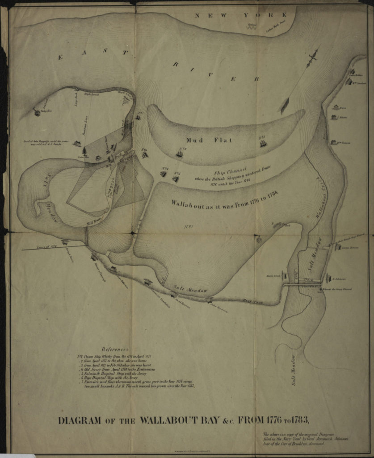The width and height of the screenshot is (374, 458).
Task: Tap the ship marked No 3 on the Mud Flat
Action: (263, 143)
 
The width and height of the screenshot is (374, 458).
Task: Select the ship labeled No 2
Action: (180, 154)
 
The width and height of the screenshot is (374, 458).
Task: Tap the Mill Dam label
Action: (95, 222)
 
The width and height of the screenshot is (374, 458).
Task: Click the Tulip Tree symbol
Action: (37, 113)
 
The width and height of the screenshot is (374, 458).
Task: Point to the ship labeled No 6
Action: (145, 155)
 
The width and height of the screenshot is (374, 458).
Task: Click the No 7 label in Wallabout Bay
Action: (188, 228)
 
